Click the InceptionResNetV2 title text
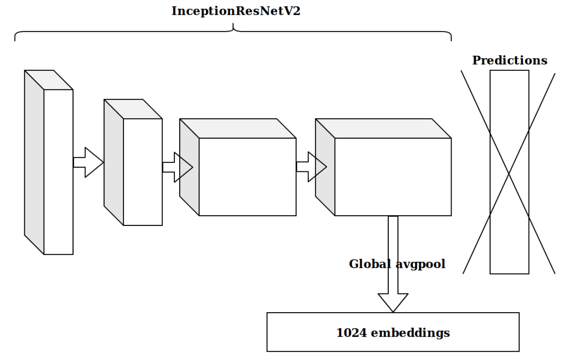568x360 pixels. [x=233, y=12]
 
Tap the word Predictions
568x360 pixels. [x=510, y=61]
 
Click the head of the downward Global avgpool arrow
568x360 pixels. [x=393, y=302]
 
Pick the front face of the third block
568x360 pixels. [x=247, y=177]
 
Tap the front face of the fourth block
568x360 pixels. [x=393, y=177]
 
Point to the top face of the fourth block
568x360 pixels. [x=383, y=128]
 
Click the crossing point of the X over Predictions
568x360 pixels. [x=509, y=172]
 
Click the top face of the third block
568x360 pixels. [x=238, y=128]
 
